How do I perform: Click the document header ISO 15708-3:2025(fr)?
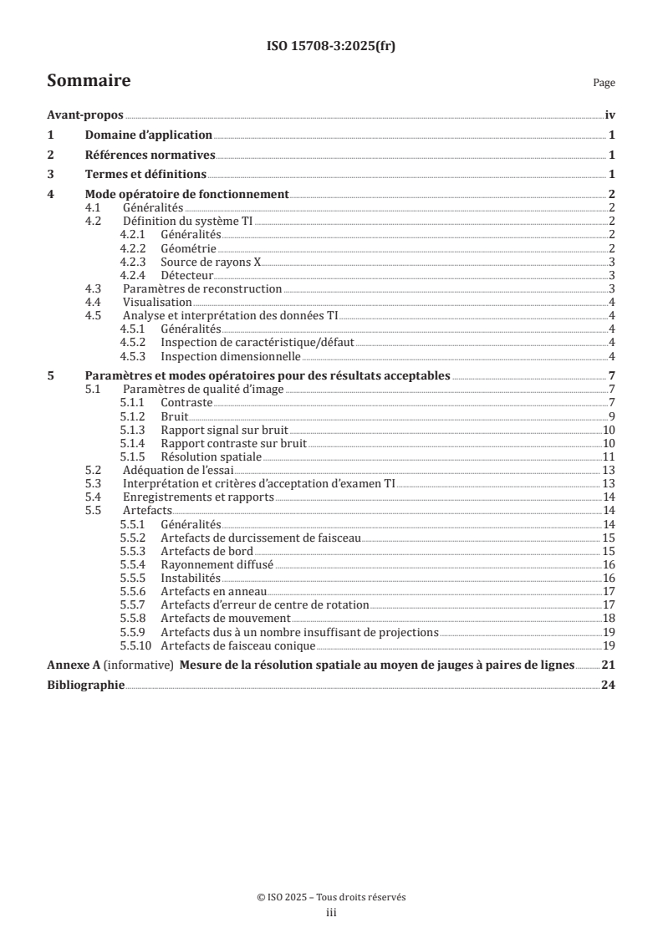coord(331,47)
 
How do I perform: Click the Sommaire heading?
coord(88,81)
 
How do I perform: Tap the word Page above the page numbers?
coord(604,83)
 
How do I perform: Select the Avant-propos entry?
coord(84,116)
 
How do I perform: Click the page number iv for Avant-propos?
coord(609,116)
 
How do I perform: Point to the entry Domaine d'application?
coord(149,135)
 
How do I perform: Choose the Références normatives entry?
coord(150,155)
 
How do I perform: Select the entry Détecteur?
coord(187,274)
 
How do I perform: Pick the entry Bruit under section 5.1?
coord(174,415)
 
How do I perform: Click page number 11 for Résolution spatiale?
coord(609,456)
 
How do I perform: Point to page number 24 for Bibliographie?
coord(609,685)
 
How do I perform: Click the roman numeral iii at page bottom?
coord(331,913)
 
